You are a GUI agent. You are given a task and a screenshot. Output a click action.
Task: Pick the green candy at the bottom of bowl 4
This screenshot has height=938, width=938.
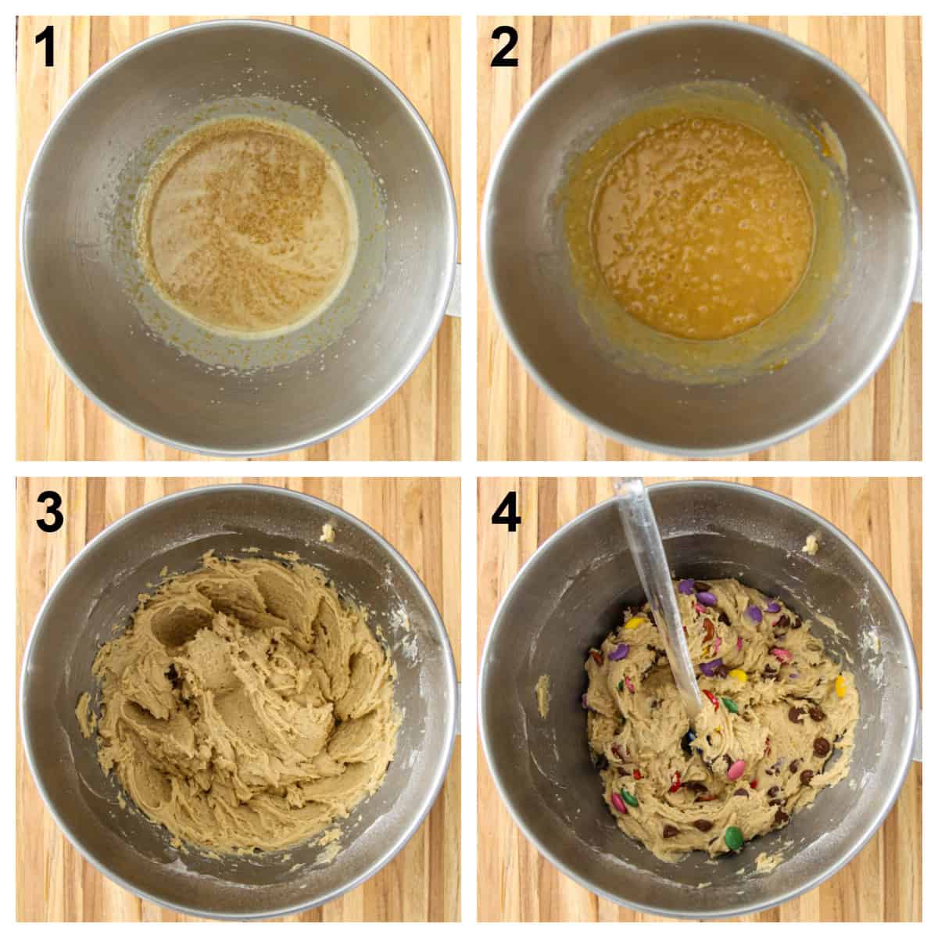pos(733,839)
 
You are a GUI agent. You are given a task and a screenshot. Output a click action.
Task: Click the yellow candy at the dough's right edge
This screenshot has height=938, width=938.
pos(840,686)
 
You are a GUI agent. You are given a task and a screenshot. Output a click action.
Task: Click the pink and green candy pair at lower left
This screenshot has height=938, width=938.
pos(622,797)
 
